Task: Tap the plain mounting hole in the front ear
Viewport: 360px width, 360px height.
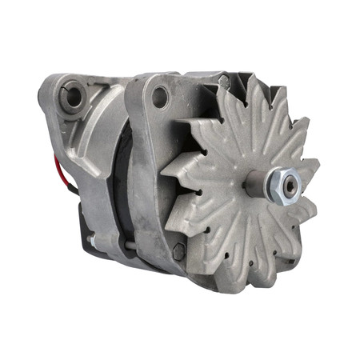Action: [159, 97]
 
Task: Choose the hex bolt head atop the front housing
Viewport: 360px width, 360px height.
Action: [226, 80]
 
